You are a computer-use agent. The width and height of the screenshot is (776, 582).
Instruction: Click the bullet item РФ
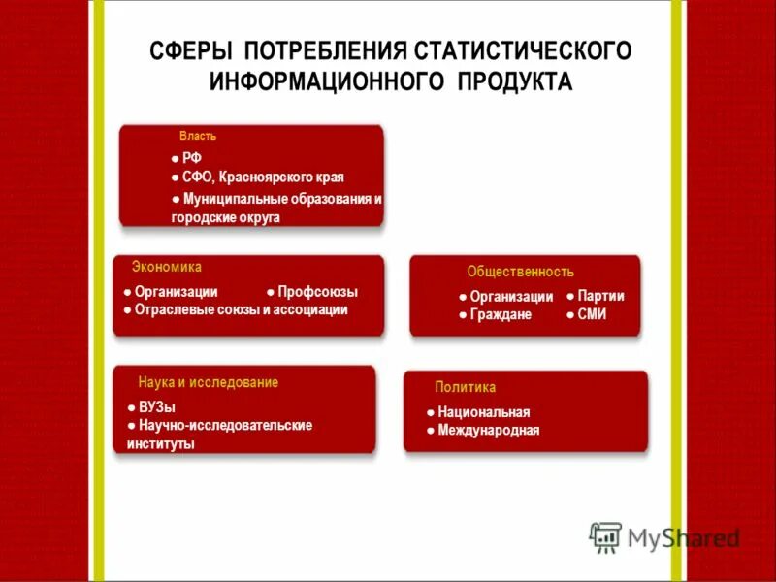pos(192,158)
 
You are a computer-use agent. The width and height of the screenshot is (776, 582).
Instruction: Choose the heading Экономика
pos(167,267)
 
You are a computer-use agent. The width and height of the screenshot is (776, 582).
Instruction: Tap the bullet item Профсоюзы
pos(317,291)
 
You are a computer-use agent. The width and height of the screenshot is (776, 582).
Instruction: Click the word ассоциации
pos(309,310)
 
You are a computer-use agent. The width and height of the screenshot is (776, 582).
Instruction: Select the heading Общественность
pos(520,272)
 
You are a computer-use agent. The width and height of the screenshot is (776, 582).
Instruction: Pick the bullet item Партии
pos(600,296)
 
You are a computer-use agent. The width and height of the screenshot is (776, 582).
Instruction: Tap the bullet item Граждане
pos(501,314)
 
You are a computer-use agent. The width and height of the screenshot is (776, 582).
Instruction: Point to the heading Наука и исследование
pos(208,382)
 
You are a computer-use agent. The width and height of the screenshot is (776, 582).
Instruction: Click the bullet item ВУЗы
pos(156,407)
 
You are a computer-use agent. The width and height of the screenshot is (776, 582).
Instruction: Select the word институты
pos(160,444)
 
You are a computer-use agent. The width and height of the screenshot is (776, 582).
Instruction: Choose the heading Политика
pos(465,387)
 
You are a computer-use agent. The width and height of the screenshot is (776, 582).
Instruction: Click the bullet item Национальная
pos(483,412)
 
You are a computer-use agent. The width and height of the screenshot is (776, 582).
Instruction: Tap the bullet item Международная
pos(488,431)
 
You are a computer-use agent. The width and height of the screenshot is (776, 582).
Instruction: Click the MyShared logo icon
pos(605,537)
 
